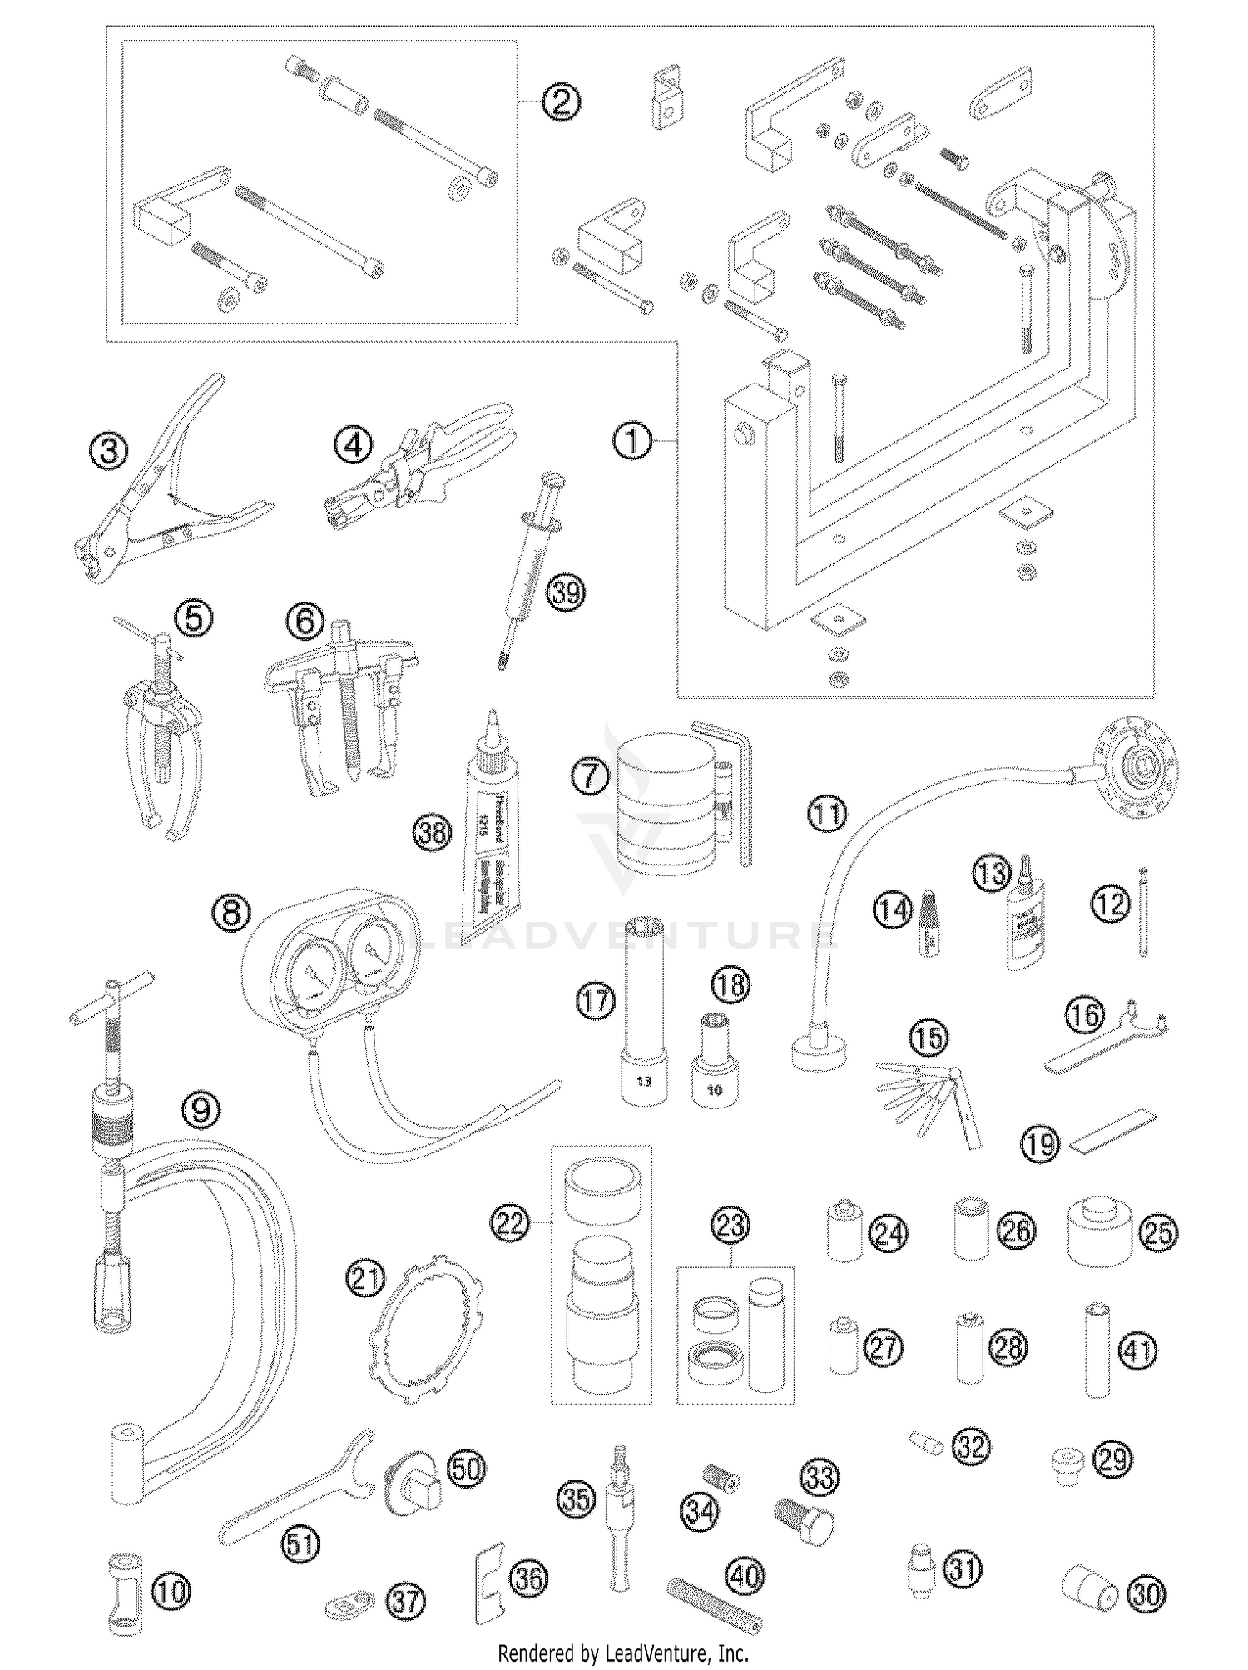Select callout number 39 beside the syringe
click(x=567, y=592)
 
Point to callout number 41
click(x=1138, y=1349)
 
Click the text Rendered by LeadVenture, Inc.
click(x=623, y=1653)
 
